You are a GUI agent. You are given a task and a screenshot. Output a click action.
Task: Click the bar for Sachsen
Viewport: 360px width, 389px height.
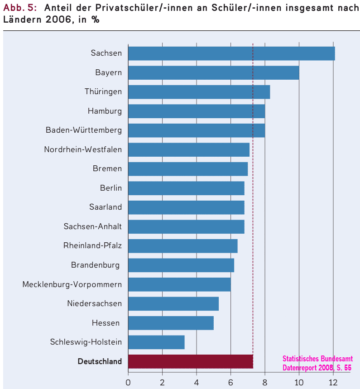pyautogui.click(x=231, y=53)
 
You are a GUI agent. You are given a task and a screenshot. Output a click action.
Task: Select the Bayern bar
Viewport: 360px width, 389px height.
pyautogui.click(x=213, y=72)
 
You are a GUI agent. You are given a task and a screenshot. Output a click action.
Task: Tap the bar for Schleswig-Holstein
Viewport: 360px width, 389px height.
pyautogui.click(x=156, y=342)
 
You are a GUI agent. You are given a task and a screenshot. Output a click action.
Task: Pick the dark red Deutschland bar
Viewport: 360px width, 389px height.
pyautogui.click(x=190, y=361)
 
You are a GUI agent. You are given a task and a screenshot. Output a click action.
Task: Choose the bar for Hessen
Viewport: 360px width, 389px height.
pyautogui.click(x=171, y=323)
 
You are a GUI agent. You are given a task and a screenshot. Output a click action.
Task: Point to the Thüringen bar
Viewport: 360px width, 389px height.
pyautogui.click(x=199, y=91)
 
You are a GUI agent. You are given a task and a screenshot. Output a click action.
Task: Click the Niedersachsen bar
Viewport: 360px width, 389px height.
pyautogui.click(x=173, y=303)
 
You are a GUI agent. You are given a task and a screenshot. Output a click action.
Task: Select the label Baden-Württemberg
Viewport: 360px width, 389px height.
pyautogui.click(x=84, y=130)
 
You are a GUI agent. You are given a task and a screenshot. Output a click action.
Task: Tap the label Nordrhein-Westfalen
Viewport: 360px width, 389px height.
pyautogui.click(x=83, y=149)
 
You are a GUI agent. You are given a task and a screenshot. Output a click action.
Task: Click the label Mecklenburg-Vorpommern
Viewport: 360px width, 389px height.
pyautogui.click(x=72, y=284)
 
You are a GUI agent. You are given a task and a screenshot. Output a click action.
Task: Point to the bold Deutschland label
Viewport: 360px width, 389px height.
pyautogui.click(x=100, y=361)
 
